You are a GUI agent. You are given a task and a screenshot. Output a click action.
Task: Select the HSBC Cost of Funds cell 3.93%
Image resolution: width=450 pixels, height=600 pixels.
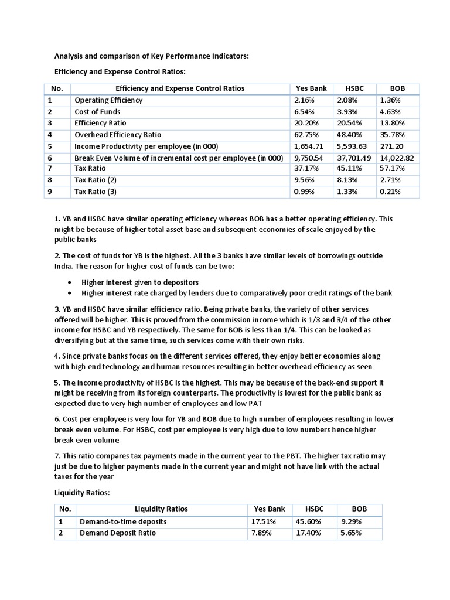pos(346,112)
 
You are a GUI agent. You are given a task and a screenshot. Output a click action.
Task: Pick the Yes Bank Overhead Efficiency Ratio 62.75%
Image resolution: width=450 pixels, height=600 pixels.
pos(305,135)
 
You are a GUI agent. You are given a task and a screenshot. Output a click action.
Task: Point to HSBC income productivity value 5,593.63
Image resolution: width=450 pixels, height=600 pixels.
pos(353,146)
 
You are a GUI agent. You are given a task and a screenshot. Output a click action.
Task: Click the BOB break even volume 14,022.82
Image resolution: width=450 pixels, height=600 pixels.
pos(397,158)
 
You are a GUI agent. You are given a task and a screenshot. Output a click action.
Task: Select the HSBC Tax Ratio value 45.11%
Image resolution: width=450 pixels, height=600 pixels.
pos(348,169)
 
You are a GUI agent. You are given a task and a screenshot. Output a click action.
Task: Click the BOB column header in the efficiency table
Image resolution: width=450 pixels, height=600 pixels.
pos(397,88)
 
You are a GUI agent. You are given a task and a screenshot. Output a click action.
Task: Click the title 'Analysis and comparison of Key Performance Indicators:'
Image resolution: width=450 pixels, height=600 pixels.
pos(152,56)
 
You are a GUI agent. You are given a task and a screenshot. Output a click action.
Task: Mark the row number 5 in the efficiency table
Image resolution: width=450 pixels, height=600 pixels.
pos(50,146)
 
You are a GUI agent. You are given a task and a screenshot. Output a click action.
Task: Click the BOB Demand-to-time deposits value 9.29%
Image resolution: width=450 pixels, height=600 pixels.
pos(351,521)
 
